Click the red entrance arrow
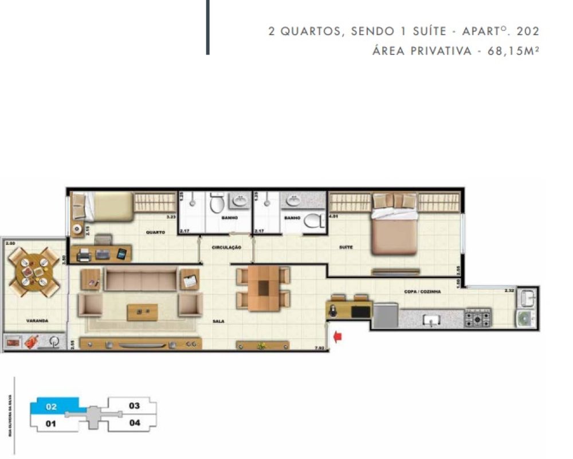pyautogui.click(x=337, y=337)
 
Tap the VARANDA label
pyautogui.click(x=36, y=321)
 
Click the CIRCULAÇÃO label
pyautogui.click(x=226, y=247)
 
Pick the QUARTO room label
pyautogui.click(x=155, y=232)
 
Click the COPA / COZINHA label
pyautogui.click(x=422, y=291)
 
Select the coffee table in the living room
pyautogui.click(x=142, y=312)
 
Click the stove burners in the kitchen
pyautogui.click(x=477, y=317)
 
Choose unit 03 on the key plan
pyautogui.click(x=134, y=406)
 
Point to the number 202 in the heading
pyautogui.click(x=528, y=31)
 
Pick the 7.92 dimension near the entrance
pyautogui.click(x=319, y=348)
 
